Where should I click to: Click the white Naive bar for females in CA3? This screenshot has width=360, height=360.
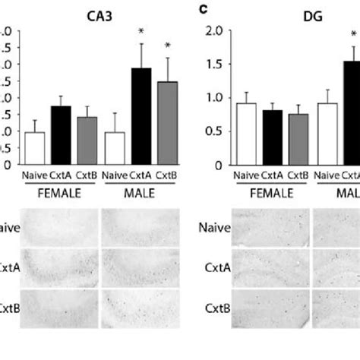35,148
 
